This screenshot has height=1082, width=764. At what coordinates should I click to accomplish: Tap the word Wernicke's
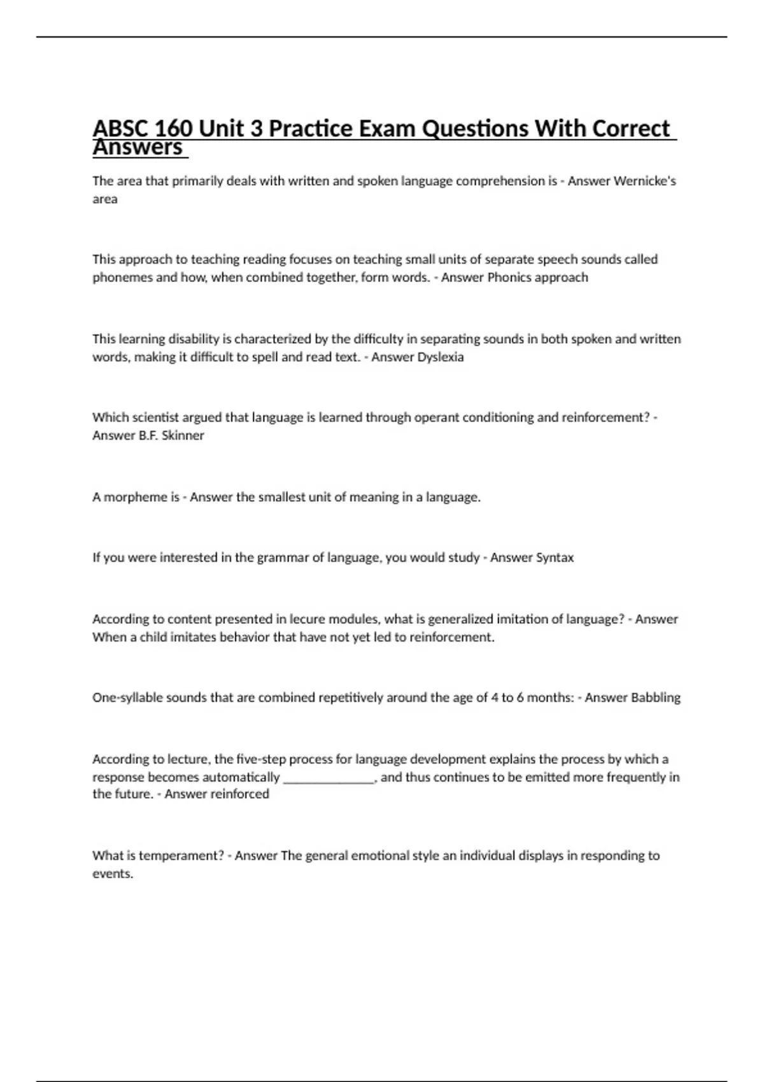pyautogui.click(x=644, y=181)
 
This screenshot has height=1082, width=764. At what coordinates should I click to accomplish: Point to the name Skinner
pyautogui.click(x=183, y=436)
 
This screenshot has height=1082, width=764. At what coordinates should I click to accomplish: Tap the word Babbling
pyautogui.click(x=655, y=698)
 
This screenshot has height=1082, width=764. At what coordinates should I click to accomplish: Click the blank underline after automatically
pyautogui.click(x=328, y=777)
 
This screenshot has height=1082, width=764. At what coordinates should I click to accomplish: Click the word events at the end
pyautogui.click(x=113, y=874)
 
